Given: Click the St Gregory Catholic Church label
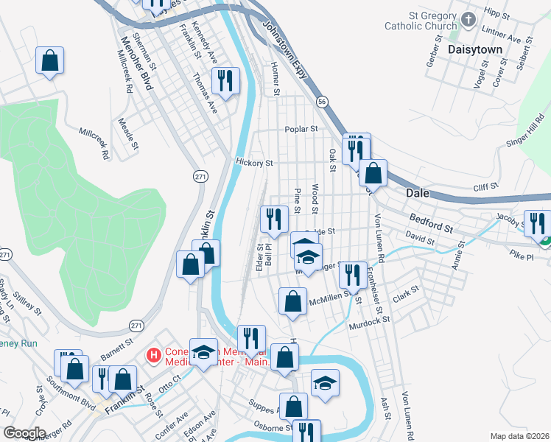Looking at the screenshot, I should click(x=421, y=21).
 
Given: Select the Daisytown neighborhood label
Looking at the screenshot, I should click(x=474, y=49).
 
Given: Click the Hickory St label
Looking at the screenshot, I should click(x=254, y=162).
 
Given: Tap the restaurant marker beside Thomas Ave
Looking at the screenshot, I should click(x=225, y=81).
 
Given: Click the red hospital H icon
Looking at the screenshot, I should click(x=154, y=356).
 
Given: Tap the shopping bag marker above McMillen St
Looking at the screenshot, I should click(x=292, y=301).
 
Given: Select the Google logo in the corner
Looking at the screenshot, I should click(x=24, y=432).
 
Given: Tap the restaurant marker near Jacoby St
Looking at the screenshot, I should click(x=536, y=222).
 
